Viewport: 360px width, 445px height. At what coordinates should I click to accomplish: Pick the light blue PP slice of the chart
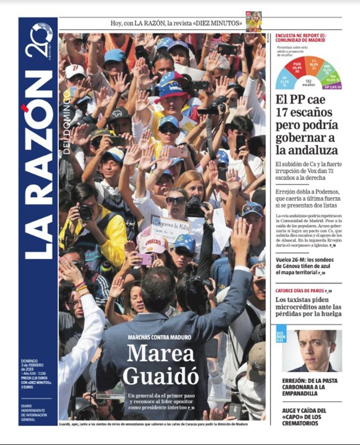[x=285, y=82]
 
